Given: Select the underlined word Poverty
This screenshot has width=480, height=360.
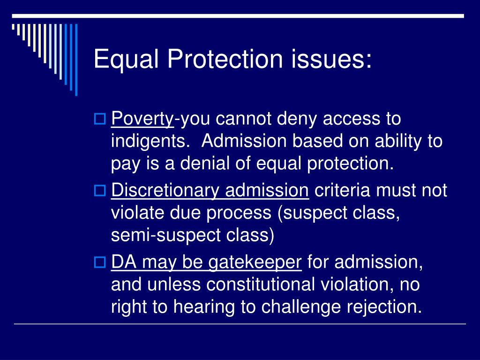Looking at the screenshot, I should pyautogui.click(x=142, y=119).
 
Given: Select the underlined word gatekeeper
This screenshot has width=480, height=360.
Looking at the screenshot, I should pyautogui.click(x=255, y=262).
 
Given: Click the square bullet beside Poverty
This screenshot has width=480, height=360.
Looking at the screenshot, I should pyautogui.click(x=99, y=119).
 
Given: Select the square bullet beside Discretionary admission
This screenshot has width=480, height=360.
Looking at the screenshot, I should pyautogui.click(x=99, y=191).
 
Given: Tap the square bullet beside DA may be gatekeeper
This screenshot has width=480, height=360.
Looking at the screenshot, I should pyautogui.click(x=99, y=262).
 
